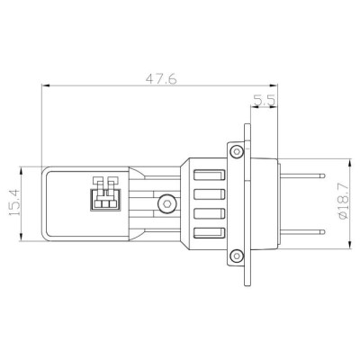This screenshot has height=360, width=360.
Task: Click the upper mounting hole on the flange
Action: tap(235, 148)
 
